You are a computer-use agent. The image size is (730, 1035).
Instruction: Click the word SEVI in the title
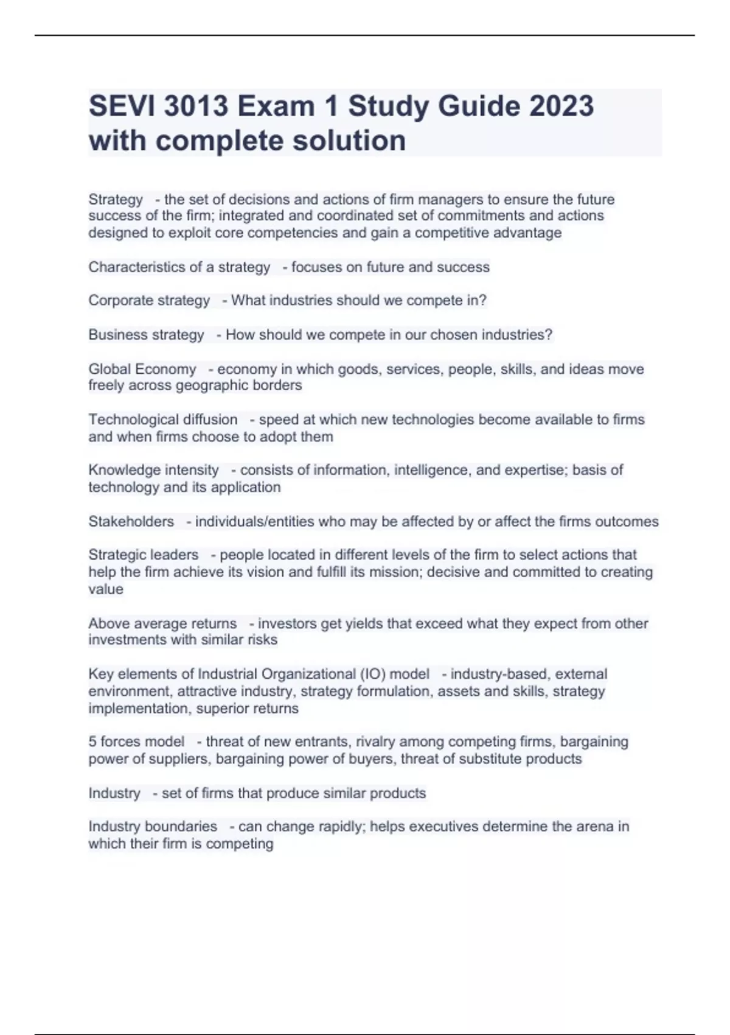coord(122,107)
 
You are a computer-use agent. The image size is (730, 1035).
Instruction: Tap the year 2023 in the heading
coord(561,107)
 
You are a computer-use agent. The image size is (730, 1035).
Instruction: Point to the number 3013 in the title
coord(196,107)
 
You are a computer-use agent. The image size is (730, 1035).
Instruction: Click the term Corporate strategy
coord(149,301)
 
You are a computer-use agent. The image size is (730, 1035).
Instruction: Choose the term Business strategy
coord(146,335)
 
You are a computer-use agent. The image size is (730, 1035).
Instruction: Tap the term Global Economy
coord(142,369)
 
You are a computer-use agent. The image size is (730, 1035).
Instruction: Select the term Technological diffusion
coord(163,419)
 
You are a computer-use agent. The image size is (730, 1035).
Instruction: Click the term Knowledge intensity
coord(153,470)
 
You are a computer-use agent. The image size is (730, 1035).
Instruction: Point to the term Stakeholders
coord(131,522)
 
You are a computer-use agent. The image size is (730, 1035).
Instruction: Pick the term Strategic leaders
coord(144,555)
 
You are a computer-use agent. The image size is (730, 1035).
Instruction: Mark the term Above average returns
coord(162,623)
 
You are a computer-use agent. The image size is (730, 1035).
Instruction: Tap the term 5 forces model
coord(136,742)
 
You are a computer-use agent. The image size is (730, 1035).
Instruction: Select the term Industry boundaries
coord(153,827)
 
